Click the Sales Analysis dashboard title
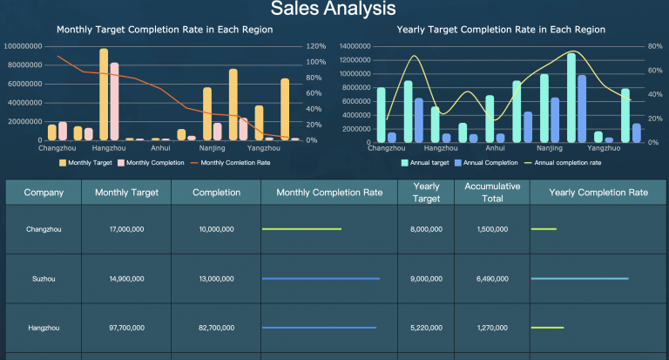coord(334,10)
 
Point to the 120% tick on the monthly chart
coord(315,46)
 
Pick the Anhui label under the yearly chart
coord(495,148)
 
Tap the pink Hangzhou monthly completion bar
coord(114,101)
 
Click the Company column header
coord(44,193)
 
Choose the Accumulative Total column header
coord(492,193)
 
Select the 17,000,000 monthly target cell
coord(126,229)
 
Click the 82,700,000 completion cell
coord(216,328)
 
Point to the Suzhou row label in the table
coord(44,279)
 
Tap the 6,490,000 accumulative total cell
coord(492,279)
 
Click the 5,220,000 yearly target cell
coord(426,328)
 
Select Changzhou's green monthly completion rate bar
coord(301,229)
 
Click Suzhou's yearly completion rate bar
coord(579,279)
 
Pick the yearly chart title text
coord(501,30)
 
